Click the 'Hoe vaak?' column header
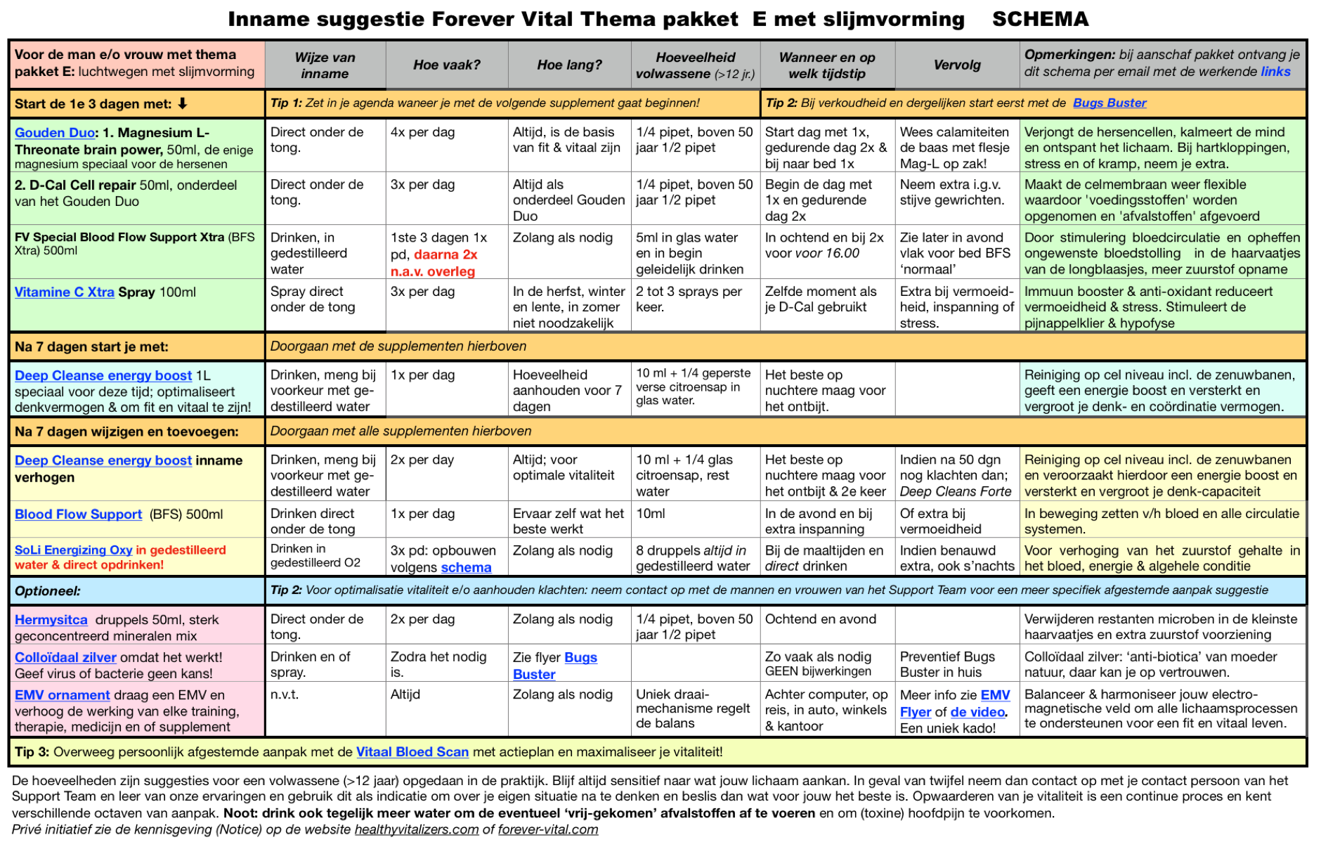(x=446, y=65)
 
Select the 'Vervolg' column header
(x=956, y=65)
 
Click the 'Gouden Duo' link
(x=55, y=133)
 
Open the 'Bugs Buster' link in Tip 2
(x=1109, y=103)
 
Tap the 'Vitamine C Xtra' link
(x=64, y=292)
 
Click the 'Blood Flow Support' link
(x=78, y=514)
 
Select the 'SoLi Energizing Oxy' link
(x=73, y=550)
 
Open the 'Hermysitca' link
(x=51, y=620)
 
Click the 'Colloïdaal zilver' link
(x=65, y=658)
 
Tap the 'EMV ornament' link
(x=62, y=695)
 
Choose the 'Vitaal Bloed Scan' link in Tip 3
(x=412, y=752)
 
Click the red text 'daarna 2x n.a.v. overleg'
(x=434, y=264)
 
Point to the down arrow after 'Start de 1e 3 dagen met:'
(x=183, y=104)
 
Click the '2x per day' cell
(x=422, y=460)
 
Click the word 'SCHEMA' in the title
(x=1040, y=19)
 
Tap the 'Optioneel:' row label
(x=48, y=591)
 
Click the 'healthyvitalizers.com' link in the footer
(x=416, y=830)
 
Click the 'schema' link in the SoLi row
(x=466, y=568)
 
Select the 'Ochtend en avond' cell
(x=820, y=619)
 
